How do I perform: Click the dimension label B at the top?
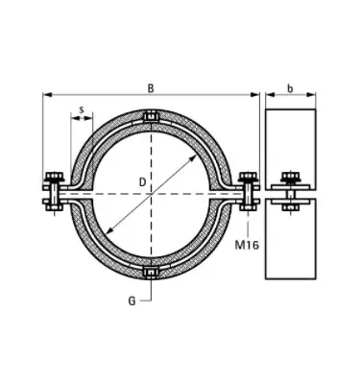(151, 88)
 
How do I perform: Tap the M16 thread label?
(249, 245)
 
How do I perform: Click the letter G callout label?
(130, 300)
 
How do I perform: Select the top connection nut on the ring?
(150, 120)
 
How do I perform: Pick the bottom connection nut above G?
(150, 276)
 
